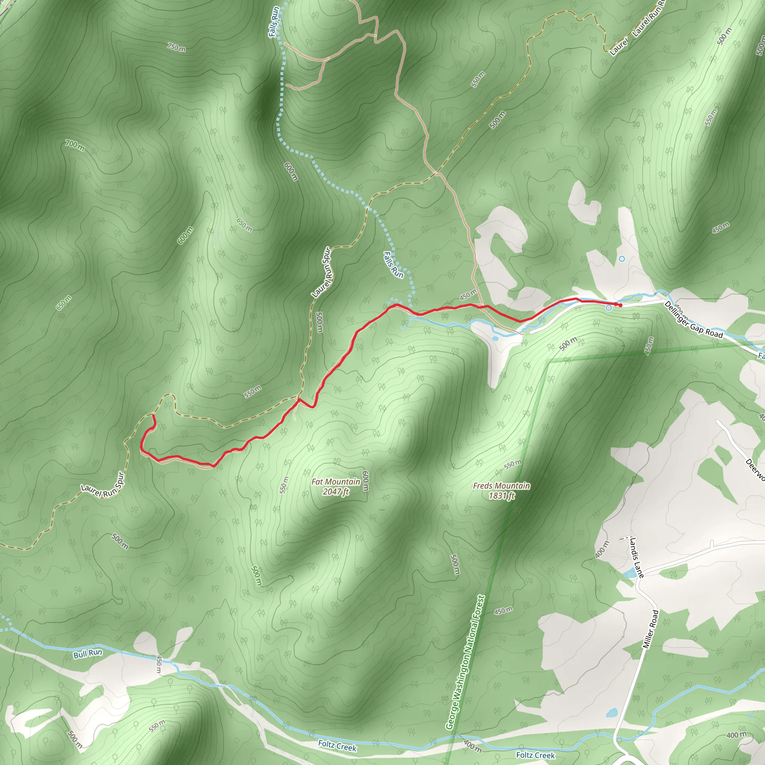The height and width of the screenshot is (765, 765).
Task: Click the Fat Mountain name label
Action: click(335, 482)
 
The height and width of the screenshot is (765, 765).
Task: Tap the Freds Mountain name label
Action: click(501, 486)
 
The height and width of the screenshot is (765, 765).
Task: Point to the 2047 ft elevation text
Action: click(335, 492)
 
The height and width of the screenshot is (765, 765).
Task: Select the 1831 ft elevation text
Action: click(501, 495)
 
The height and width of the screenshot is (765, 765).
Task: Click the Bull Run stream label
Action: click(87, 653)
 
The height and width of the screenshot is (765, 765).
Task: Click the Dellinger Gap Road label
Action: click(694, 320)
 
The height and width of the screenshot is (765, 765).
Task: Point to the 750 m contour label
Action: click(176, 47)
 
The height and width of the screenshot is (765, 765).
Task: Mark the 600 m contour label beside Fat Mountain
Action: click(365, 481)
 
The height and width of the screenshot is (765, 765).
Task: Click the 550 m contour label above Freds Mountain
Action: click(513, 464)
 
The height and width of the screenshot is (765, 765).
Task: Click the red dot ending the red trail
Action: click(620, 305)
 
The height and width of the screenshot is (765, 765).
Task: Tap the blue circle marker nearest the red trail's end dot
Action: click(608, 308)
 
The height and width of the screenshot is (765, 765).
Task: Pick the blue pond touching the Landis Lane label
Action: click(628, 573)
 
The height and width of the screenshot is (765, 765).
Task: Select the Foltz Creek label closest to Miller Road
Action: click(535, 755)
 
